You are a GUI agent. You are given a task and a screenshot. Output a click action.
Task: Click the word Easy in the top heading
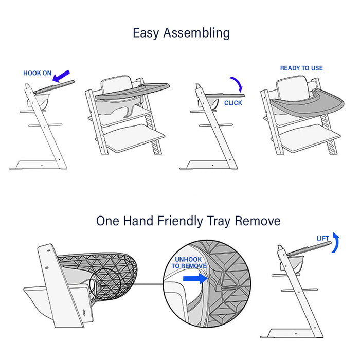click(x=146, y=33)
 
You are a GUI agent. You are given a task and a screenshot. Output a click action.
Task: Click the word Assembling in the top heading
click(x=196, y=33)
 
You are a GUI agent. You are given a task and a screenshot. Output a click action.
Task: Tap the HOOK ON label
click(x=37, y=73)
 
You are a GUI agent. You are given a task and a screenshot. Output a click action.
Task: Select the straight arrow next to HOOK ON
click(x=61, y=76)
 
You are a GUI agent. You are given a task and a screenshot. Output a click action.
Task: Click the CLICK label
click(x=233, y=103)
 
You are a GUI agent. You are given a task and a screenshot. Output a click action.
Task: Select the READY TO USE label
click(x=301, y=68)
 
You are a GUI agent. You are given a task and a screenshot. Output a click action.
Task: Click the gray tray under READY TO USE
click(x=308, y=105)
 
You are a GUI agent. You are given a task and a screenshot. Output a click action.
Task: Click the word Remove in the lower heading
click(x=257, y=221)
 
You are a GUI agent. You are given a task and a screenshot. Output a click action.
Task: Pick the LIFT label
click(x=323, y=239)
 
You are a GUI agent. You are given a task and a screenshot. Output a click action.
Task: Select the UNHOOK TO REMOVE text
click(x=189, y=263)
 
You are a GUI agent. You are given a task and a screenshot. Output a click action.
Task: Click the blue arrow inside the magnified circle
click(x=195, y=279)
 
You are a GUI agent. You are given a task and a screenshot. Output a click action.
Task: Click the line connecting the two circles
click(x=149, y=284)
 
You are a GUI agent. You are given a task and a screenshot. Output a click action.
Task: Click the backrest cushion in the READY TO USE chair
click(x=292, y=88)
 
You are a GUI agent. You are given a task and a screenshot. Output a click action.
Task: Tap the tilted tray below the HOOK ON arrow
click(x=55, y=87)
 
